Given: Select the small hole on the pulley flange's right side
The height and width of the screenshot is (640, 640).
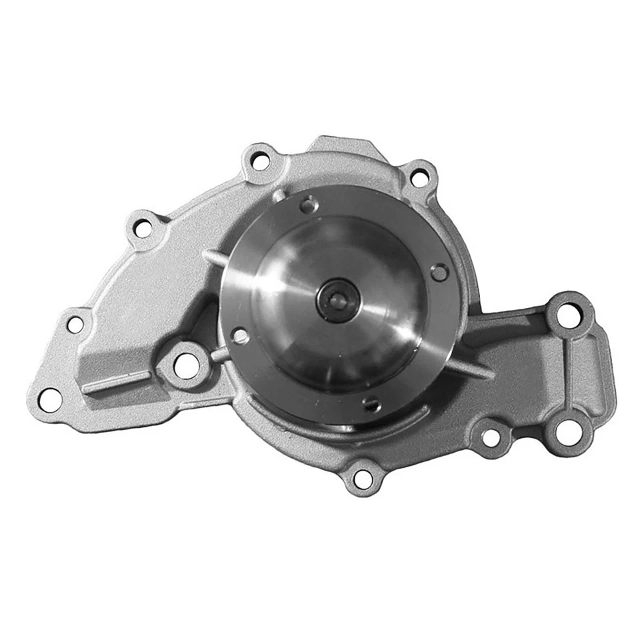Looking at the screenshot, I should (x=439, y=271).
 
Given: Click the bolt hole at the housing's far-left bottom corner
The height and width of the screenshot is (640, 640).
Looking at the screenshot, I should (x=50, y=398).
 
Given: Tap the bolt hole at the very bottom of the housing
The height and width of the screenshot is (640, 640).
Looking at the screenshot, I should (x=363, y=477).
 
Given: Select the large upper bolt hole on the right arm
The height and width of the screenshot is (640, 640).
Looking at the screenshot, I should (x=568, y=315).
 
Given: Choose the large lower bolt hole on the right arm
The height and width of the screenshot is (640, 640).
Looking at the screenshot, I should (x=568, y=428).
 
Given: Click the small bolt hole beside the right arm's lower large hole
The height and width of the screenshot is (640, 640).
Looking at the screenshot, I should (x=491, y=438).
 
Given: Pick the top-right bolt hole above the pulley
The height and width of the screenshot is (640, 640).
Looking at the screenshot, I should (x=419, y=178).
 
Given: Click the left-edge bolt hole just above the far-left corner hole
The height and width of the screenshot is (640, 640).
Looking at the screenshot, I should (x=76, y=325).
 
